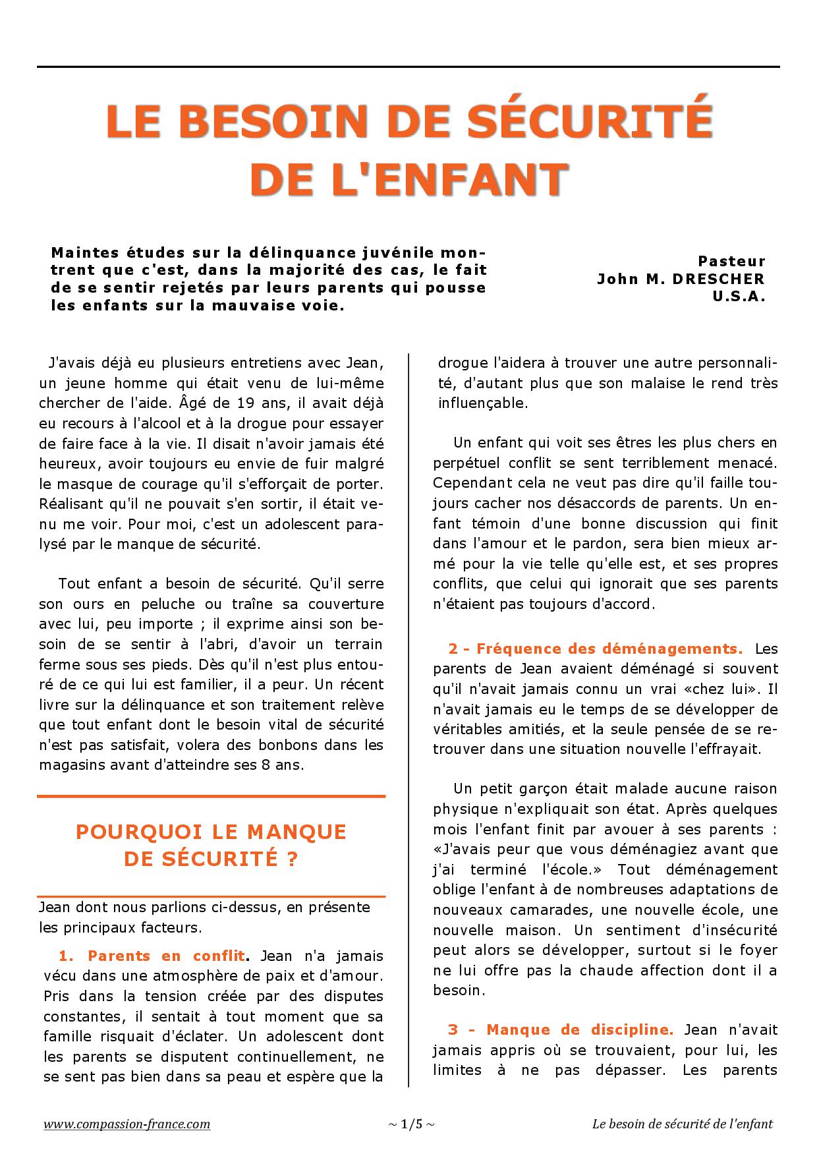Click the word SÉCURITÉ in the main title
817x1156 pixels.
tap(592, 121)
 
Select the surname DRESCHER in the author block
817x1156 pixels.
tap(719, 279)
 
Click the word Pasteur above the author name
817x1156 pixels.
tap(731, 261)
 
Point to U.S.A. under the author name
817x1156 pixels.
tap(739, 297)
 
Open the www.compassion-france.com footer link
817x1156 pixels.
tap(127, 1124)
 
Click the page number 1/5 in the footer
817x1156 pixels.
tap(411, 1124)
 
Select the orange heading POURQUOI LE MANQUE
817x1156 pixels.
tap(211, 832)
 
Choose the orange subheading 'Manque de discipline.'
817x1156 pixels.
tap(580, 1029)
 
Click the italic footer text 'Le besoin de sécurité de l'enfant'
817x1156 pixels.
tap(682, 1124)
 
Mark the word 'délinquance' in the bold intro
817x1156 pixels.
tap(302, 253)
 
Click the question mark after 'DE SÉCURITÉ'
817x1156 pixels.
tap(293, 859)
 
